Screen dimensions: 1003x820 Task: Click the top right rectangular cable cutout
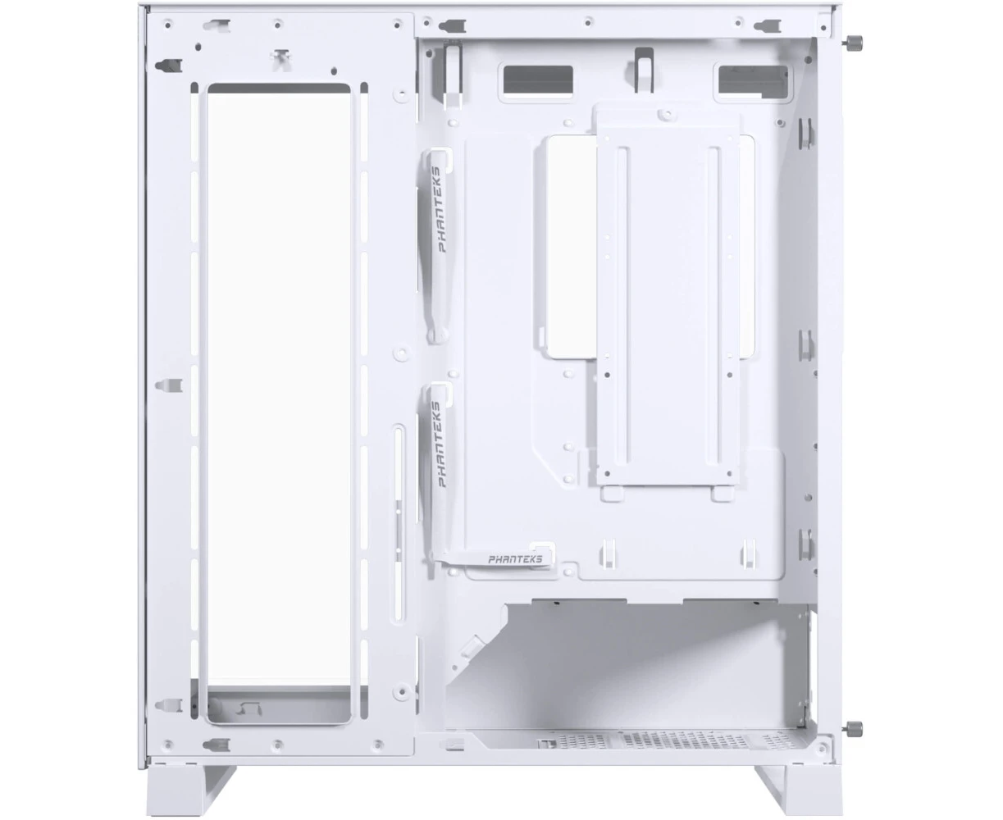(753, 81)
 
